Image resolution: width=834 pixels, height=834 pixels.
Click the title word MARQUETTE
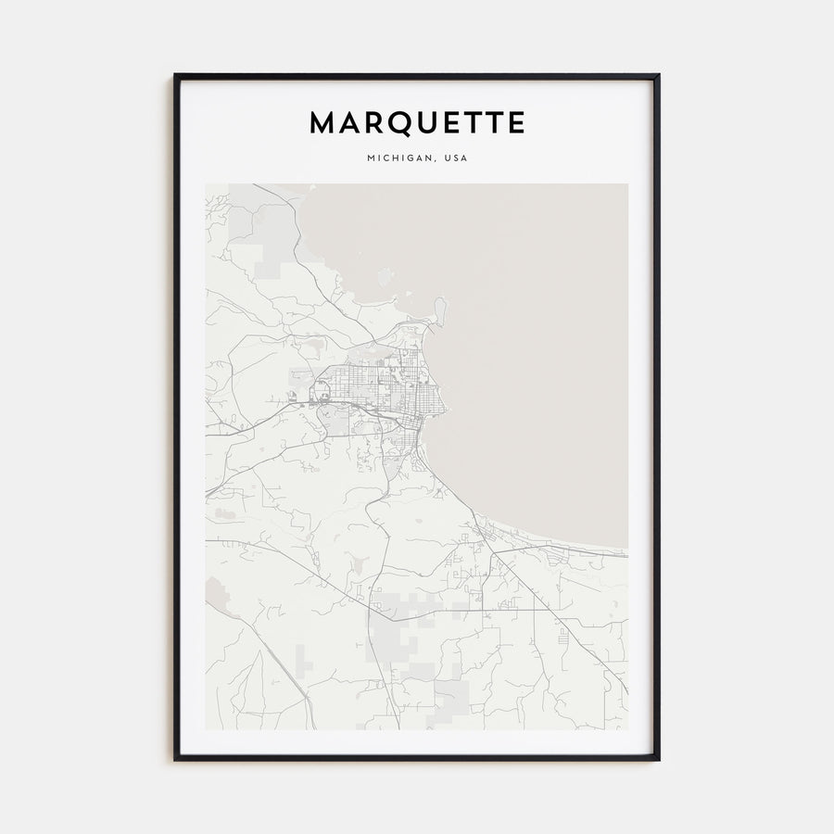tap(417, 123)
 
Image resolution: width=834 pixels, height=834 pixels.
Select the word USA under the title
tap(456, 158)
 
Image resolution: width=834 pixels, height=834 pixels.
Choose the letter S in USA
tap(456, 158)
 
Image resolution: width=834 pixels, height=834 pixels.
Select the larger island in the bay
tap(385, 276)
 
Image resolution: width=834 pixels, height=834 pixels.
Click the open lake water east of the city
tap(537, 371)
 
